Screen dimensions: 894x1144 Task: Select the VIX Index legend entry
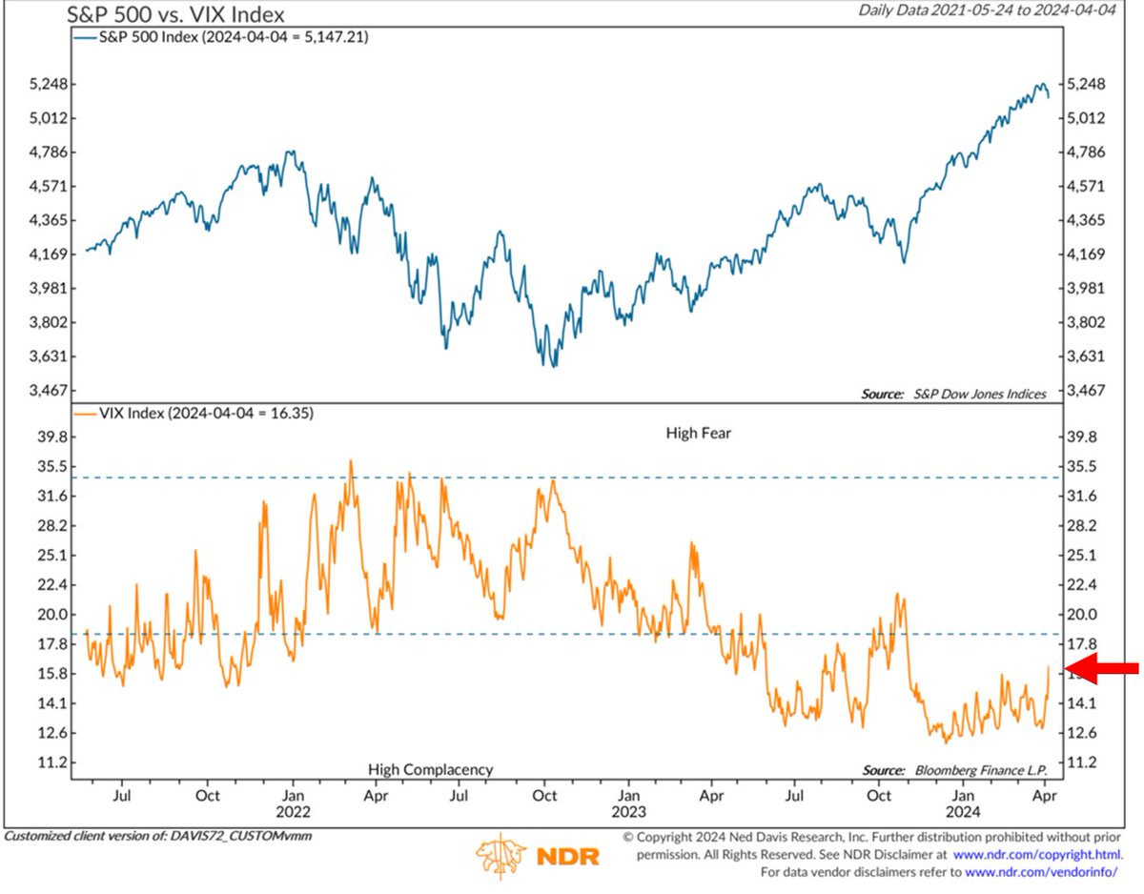pos(194,414)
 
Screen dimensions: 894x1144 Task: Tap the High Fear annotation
pos(698,434)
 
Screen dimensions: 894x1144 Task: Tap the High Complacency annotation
pos(430,769)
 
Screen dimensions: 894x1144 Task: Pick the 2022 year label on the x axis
pos(294,813)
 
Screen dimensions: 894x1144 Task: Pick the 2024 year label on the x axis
pos(965,813)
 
